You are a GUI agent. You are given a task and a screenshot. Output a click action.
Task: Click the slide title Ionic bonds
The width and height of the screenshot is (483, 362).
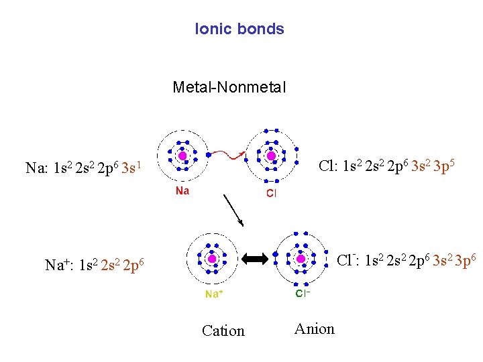[x=239, y=29]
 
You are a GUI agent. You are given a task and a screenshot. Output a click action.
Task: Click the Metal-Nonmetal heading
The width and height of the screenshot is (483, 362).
[x=229, y=86]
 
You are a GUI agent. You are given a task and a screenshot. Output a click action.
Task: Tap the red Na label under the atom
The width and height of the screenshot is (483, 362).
[x=182, y=191]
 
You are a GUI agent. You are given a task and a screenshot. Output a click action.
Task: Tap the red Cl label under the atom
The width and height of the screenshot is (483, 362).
[x=271, y=194]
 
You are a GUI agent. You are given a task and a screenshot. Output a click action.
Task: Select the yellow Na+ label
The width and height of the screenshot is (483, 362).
[x=215, y=294]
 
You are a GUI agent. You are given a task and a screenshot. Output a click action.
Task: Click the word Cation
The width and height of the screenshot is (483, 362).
[x=223, y=330]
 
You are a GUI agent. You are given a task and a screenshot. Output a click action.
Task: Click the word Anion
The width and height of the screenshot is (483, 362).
[x=314, y=328]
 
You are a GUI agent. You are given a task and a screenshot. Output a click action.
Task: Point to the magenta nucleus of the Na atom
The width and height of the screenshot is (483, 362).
[x=182, y=156]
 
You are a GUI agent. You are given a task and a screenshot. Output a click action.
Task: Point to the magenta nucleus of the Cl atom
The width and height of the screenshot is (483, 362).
[x=271, y=156]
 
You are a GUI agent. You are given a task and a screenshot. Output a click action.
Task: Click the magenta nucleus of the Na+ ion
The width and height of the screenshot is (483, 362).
[x=212, y=258]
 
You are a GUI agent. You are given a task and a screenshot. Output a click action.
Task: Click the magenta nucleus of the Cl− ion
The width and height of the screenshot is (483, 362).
[x=301, y=258]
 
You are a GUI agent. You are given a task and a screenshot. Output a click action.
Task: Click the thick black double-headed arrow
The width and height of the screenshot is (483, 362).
[x=256, y=258]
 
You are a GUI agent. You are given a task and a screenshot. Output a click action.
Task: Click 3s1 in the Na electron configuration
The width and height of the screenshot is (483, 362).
[x=131, y=167]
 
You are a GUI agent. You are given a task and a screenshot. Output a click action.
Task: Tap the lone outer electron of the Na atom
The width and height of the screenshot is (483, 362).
[x=209, y=155]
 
